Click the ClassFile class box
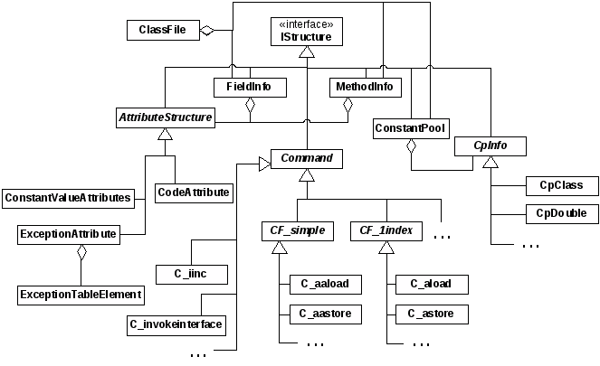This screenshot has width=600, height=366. click(163, 31)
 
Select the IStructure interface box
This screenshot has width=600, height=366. click(307, 31)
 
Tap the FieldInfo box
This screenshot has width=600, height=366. click(251, 87)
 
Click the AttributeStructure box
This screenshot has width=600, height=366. click(165, 117)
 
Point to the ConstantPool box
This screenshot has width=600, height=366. click(411, 129)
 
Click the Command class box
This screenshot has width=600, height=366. click(307, 159)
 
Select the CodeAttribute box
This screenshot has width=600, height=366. click(194, 192)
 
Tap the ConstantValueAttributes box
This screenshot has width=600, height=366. click(68, 196)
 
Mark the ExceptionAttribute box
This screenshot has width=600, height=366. click(68, 234)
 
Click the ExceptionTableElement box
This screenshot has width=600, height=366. click(81, 295)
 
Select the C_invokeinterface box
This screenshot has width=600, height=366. click(176, 323)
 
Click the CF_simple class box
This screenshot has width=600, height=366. click(298, 231)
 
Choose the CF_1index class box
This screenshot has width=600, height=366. click(386, 231)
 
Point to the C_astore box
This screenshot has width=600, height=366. click(432, 314)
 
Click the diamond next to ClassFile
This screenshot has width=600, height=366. click(207, 31)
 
